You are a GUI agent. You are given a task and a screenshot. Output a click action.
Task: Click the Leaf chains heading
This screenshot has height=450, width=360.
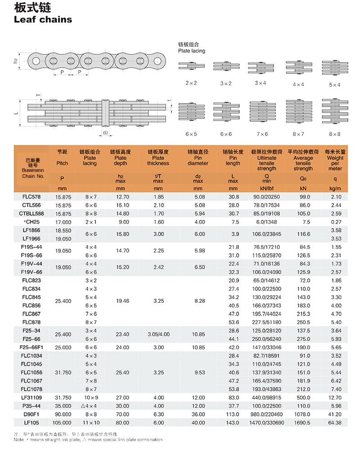(x=43, y=19)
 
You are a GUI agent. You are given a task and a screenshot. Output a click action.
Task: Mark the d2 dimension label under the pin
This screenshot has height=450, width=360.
(x=105, y=133)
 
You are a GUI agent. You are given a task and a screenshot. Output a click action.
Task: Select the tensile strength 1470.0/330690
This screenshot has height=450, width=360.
(x=267, y=423)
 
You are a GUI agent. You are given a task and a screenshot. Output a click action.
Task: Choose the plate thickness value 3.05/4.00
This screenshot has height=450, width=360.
(x=158, y=334)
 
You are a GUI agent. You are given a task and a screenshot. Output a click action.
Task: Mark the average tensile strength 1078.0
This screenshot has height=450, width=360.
(x=303, y=414)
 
